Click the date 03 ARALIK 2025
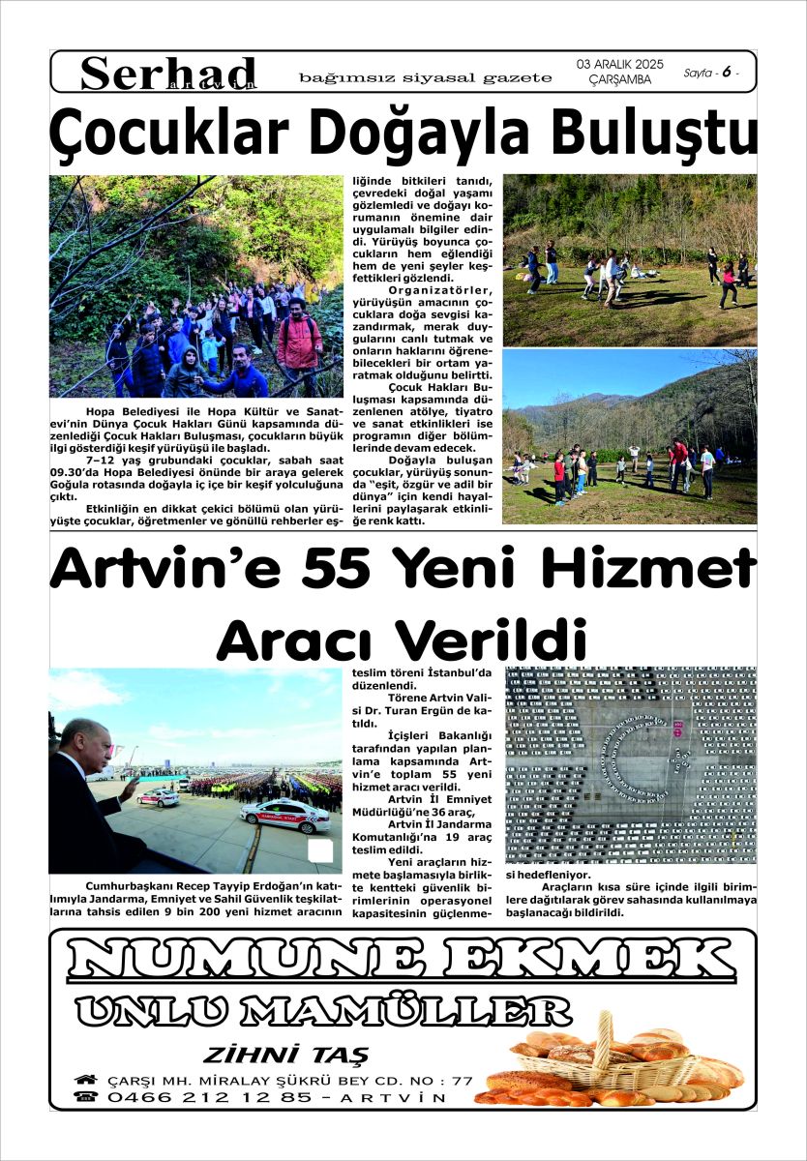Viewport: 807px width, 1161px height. pos(620,64)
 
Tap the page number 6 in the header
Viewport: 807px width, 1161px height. pos(725,72)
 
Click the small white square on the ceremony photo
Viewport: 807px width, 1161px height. pos(320,851)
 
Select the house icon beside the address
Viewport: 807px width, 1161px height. pos(86,1080)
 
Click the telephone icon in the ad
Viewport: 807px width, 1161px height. pos(86,1097)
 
